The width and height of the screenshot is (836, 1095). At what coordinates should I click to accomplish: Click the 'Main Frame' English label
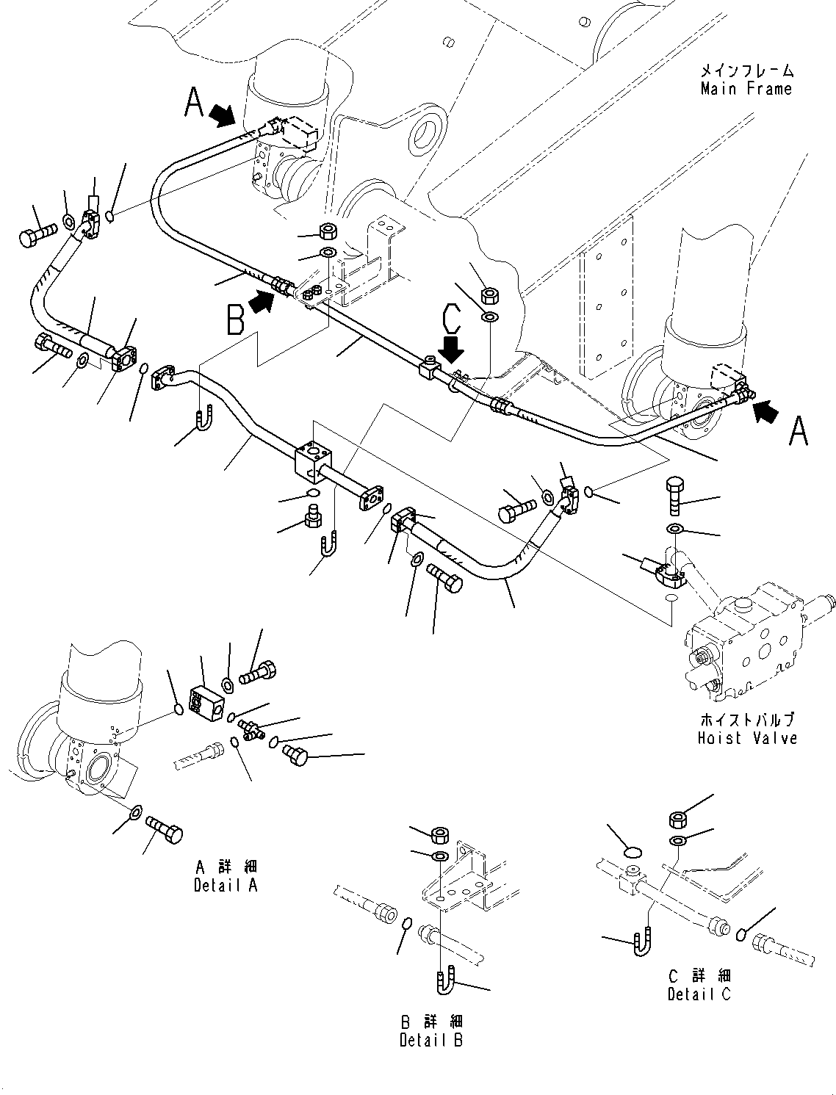(746, 90)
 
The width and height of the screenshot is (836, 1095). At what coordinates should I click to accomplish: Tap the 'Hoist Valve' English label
(747, 737)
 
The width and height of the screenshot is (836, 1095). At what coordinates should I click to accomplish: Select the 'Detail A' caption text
(226, 885)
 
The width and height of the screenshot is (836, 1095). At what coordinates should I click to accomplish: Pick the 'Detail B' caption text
(431, 1039)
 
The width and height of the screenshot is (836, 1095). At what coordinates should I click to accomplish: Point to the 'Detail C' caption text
(699, 994)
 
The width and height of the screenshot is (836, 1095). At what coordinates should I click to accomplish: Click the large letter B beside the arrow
(235, 322)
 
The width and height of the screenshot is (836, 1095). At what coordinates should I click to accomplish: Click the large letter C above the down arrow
(452, 320)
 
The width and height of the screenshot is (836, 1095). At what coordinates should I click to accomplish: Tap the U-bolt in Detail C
(640, 943)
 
